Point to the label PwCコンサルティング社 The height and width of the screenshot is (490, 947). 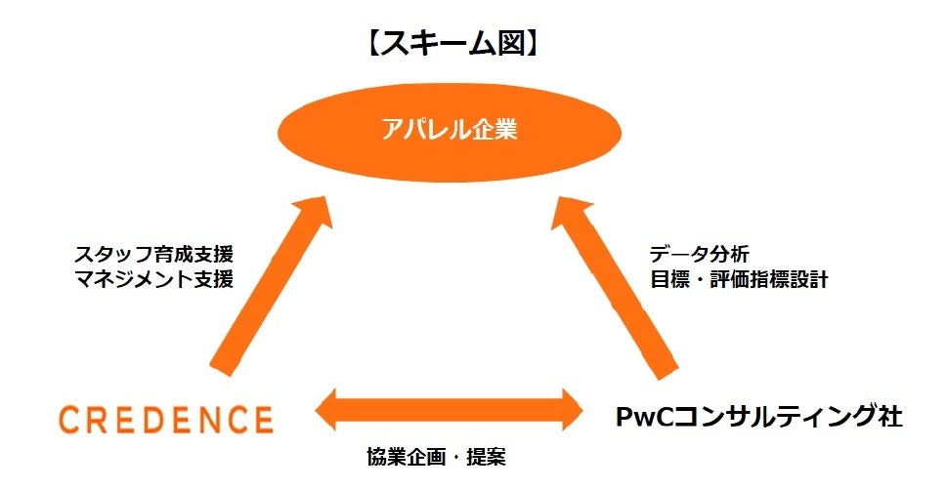[757, 417]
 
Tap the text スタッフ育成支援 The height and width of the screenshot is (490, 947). [154, 256]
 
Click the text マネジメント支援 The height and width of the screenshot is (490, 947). [154, 279]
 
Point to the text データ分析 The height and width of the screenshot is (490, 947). [700, 256]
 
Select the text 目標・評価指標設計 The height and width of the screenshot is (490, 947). [739, 279]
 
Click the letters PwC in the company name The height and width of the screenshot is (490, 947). [642, 418]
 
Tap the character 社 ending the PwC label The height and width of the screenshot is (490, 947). [887, 417]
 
